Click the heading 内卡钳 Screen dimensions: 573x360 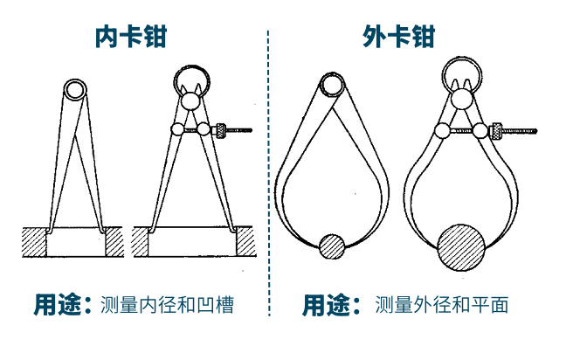131,37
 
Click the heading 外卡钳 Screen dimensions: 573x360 398,37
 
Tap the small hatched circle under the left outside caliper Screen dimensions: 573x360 332,246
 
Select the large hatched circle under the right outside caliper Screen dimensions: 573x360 461,247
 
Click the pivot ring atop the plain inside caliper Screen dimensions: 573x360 66,90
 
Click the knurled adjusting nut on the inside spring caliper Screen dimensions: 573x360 219,131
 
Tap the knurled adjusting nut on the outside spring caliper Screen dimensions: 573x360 496,130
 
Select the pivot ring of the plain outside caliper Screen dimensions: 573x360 321,85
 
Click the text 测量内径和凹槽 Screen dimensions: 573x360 167,305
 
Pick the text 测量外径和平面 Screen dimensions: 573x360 441,305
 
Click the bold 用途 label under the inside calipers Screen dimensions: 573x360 62,305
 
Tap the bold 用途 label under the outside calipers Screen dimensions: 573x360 331,305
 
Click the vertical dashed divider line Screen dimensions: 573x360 269,173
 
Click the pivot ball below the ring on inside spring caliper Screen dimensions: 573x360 191,101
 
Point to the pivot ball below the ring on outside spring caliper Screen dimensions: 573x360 462,99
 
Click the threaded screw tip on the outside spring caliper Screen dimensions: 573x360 535,130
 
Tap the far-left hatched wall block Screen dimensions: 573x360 34,242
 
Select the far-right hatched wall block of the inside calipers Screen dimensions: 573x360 245,241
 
